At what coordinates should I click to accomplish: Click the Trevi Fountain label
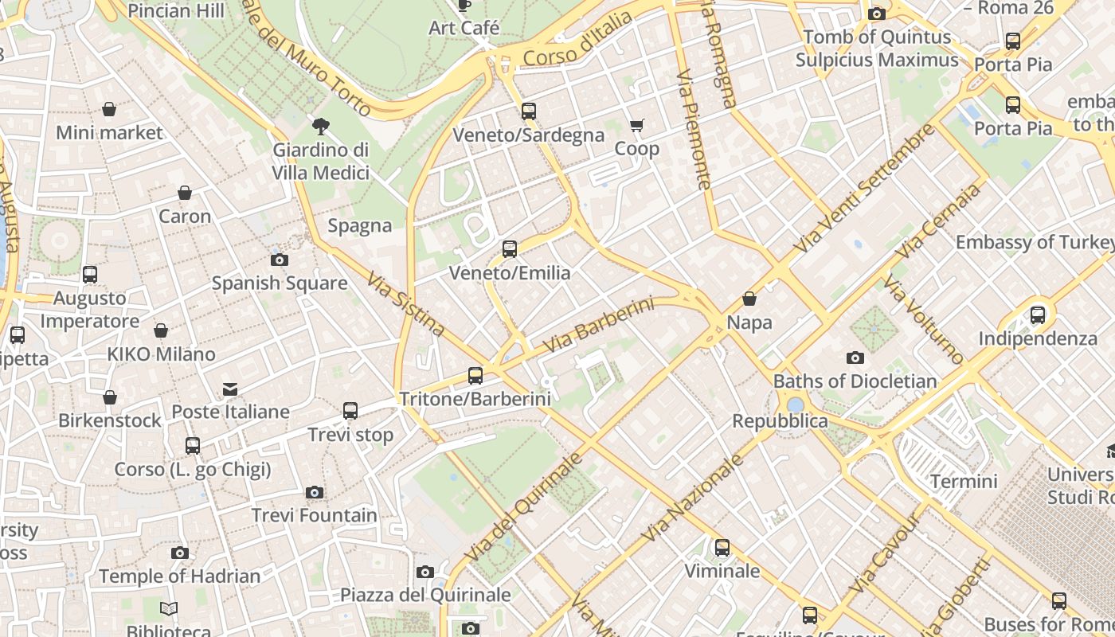tap(315, 515)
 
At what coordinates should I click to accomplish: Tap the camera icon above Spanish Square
tap(279, 260)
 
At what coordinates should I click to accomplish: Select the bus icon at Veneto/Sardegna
tap(529, 111)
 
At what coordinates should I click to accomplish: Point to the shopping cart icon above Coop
tap(636, 125)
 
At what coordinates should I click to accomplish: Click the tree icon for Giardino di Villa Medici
tap(321, 125)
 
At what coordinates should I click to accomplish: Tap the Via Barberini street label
tap(598, 326)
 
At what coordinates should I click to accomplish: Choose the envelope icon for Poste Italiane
tap(230, 389)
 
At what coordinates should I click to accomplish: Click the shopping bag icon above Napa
tap(749, 299)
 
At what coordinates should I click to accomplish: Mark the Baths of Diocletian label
tap(855, 381)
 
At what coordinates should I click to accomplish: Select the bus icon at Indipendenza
tap(1038, 315)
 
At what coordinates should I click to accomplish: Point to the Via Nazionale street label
tap(692, 498)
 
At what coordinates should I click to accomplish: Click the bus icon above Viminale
tap(722, 548)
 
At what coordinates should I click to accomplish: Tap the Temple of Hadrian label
tap(180, 576)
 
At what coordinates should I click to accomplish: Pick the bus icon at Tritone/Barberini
tap(475, 375)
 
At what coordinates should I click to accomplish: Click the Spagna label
tap(360, 226)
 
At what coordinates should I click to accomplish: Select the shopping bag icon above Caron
tap(185, 193)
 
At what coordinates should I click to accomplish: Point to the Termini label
tap(964, 482)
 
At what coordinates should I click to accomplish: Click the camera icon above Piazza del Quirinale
tap(425, 572)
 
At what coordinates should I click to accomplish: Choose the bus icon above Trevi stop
tap(350, 411)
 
